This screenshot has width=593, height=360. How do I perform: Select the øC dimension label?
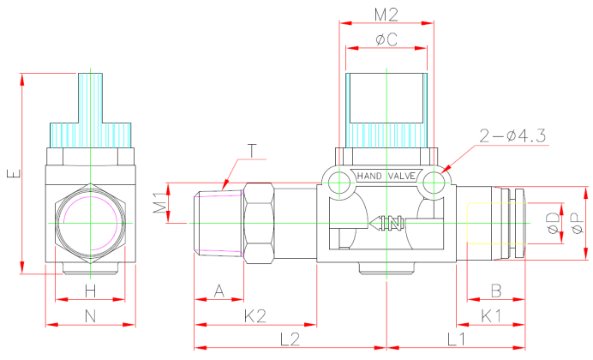(386, 39)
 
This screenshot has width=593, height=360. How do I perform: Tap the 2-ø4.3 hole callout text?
(512, 135)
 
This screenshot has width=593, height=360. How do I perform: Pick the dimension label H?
(90, 291)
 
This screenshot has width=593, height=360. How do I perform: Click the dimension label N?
(90, 316)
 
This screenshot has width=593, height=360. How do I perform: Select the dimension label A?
(219, 291)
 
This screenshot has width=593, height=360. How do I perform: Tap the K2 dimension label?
(255, 316)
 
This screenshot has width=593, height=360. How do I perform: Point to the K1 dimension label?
(491, 316)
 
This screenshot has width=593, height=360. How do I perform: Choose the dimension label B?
(495, 291)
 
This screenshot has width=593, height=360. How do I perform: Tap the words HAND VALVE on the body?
(386, 177)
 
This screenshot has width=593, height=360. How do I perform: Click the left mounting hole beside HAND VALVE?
(338, 182)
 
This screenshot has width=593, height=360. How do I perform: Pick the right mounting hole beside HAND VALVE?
(434, 182)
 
